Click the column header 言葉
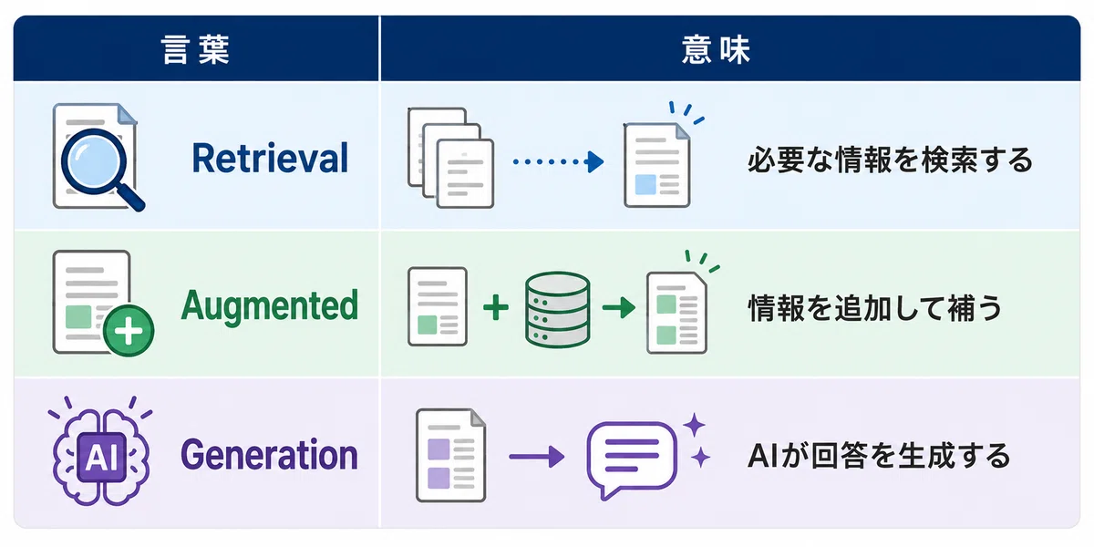point(195,50)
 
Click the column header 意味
point(716,50)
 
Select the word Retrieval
point(270,159)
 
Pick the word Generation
point(270,455)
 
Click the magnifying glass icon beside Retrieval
point(100,166)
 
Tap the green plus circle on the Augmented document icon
point(129,331)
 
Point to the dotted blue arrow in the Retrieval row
point(558,161)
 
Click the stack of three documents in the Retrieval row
point(450,158)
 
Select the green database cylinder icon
point(557,310)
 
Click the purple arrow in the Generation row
point(537,457)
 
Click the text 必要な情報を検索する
point(890,160)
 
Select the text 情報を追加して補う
point(874,308)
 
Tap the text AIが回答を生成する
point(879,456)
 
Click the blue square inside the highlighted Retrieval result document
point(645,184)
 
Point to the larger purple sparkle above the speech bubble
point(694,425)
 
